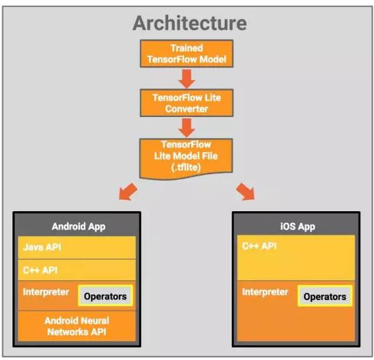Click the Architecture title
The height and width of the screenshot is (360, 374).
189,23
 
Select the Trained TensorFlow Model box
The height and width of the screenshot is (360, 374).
186,54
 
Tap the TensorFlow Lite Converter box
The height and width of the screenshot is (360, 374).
186,103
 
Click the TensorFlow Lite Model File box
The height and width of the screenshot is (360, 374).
186,156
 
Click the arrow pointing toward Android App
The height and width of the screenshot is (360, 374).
128,192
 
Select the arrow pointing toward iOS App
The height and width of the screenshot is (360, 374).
245,192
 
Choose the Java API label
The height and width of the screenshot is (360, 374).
42,248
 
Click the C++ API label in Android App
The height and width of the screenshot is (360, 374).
41,271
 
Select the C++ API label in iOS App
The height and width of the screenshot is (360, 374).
259,246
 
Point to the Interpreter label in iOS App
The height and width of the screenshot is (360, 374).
265,292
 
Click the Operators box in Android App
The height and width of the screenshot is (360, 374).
105,296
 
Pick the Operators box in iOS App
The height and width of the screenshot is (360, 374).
325,296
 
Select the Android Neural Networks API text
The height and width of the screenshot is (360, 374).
76,326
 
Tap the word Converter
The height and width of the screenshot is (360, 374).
186,109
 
